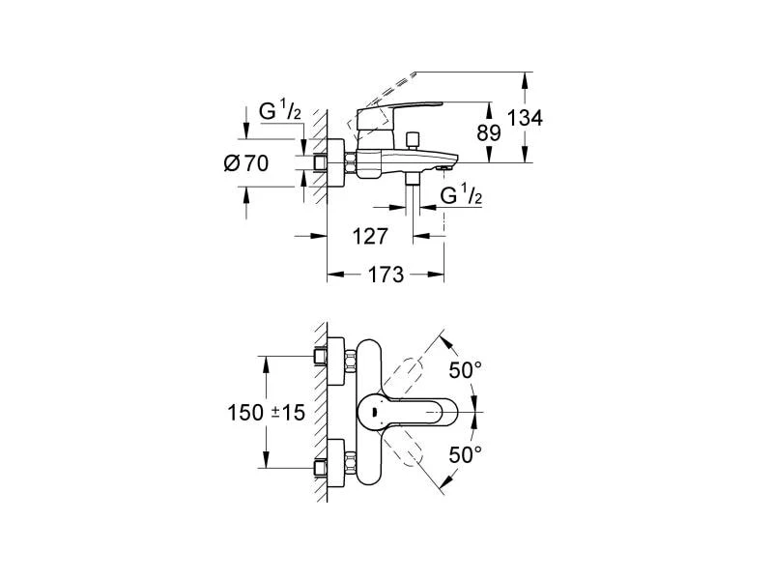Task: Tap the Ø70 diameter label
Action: point(245,163)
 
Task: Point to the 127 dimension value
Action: point(370,236)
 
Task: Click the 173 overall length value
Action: point(385,275)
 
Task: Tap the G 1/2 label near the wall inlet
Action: point(280,112)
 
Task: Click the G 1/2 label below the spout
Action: point(463,196)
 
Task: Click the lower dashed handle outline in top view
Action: point(415,453)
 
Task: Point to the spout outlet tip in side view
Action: point(444,167)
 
